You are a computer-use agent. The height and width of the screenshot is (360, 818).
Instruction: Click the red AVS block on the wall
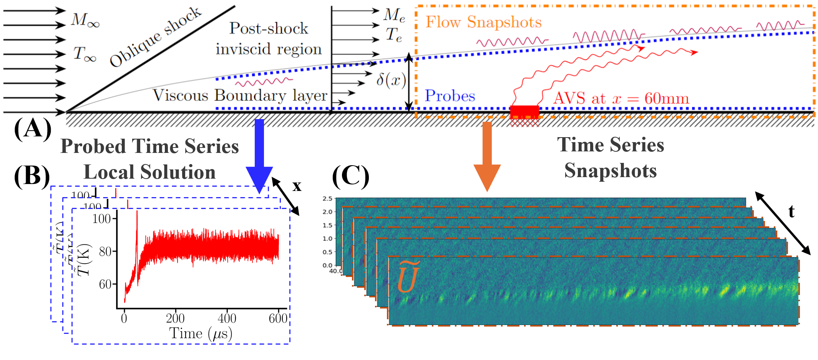pyautogui.click(x=524, y=111)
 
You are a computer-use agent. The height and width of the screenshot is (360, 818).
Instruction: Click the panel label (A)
pyautogui.click(x=33, y=129)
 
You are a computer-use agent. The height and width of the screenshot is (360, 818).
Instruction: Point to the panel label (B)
pyautogui.click(x=32, y=176)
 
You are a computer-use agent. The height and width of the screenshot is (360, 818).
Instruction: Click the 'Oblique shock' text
pyautogui.click(x=156, y=37)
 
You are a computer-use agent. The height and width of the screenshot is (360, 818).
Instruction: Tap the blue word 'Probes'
pyautogui.click(x=450, y=96)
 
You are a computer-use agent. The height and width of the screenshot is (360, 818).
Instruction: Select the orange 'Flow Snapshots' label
pyautogui.click(x=483, y=22)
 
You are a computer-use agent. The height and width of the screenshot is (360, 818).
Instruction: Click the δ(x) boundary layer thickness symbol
pyautogui.click(x=391, y=80)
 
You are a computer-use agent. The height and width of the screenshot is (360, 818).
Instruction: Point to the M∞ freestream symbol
pyautogui.click(x=85, y=20)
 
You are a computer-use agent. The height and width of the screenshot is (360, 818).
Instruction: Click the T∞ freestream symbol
pyautogui.click(x=85, y=53)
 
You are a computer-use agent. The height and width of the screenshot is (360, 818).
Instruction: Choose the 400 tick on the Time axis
pyautogui.click(x=227, y=318)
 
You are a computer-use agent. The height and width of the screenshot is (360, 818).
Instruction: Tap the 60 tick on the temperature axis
pyautogui.click(x=105, y=284)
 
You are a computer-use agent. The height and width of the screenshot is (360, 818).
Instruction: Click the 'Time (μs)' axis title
pyautogui.click(x=201, y=333)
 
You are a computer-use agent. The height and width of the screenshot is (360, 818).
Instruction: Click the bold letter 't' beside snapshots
pyautogui.click(x=791, y=211)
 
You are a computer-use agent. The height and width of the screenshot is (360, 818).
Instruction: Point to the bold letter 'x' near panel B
pyautogui.click(x=297, y=186)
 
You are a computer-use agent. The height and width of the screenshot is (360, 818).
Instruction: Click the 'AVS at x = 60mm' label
pyautogui.click(x=621, y=98)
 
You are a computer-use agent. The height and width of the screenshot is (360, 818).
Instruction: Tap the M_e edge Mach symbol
pyautogui.click(x=394, y=15)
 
